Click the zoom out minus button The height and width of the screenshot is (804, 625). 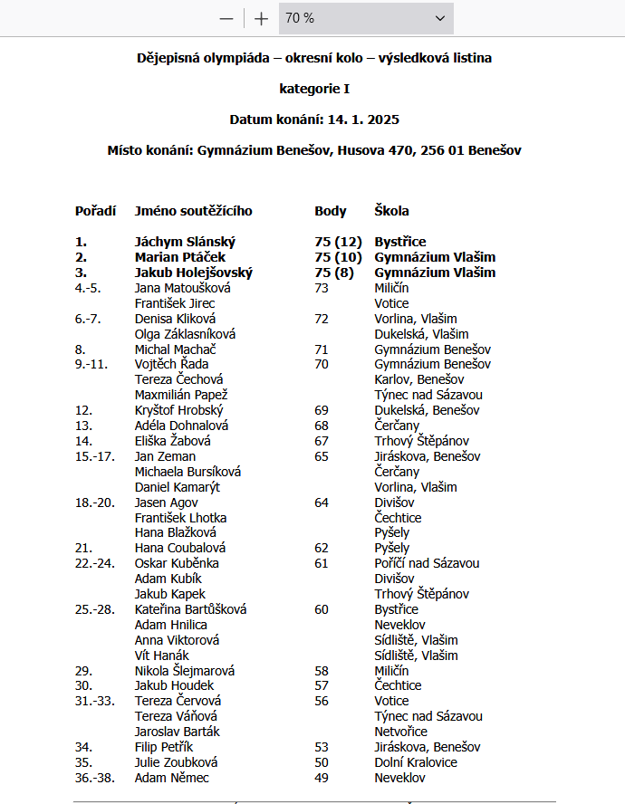pos(226,18)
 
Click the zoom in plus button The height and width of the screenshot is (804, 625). pos(262,18)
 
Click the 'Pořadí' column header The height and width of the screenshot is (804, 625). pos(95,211)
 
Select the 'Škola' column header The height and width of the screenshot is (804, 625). pos(391,211)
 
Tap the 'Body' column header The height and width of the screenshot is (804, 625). pos(331,211)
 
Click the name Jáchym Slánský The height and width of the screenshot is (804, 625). pos(185,242)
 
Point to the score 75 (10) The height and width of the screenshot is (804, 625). pos(338,257)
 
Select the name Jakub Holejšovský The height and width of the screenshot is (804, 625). pos(194,273)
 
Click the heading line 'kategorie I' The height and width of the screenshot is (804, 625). pos(314,89)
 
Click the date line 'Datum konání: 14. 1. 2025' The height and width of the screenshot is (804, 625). pos(314,120)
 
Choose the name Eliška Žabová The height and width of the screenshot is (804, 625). pos(173,441)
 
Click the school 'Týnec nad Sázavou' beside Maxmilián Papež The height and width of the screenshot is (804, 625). pos(428,395)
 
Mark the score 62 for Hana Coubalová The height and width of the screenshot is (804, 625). pos(322,548)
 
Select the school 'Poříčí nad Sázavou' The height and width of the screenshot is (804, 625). pos(427,563)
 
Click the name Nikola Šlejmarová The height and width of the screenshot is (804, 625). pos(185,671)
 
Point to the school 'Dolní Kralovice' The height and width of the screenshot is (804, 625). pos(416,762)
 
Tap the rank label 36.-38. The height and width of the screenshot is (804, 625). pos(95,778)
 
